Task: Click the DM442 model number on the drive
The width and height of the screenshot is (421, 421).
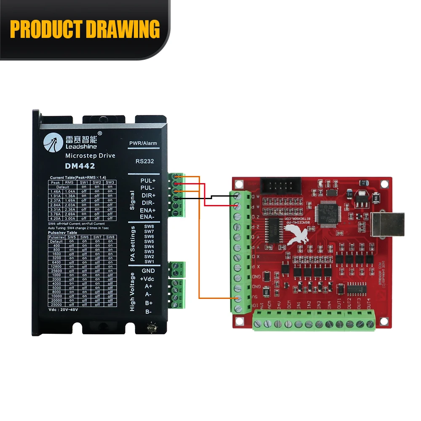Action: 80,166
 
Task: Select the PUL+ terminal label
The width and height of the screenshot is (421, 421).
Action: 148,181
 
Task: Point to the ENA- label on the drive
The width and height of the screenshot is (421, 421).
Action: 147,217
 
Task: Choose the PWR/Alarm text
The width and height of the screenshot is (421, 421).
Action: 143,143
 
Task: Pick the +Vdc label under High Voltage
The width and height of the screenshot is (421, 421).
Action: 148,279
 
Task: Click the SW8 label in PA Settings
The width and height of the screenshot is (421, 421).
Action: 149,226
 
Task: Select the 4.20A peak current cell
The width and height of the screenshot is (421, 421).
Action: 55,218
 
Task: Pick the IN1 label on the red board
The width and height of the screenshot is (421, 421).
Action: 299,303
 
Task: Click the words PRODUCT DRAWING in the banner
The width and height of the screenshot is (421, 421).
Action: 85,29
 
